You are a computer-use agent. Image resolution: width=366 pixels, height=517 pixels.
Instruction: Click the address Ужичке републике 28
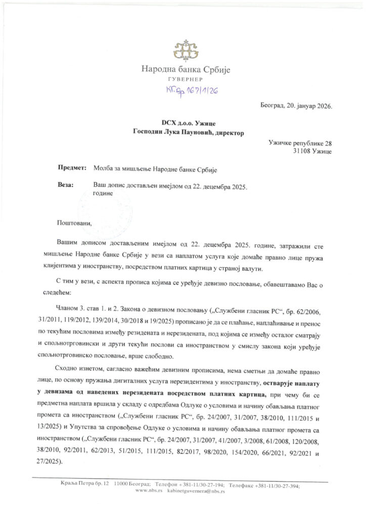point(300,143)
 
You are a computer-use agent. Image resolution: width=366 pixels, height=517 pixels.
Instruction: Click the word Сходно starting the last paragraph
point(69,368)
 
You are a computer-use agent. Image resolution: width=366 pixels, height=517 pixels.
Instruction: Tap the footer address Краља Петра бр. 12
point(80,485)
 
